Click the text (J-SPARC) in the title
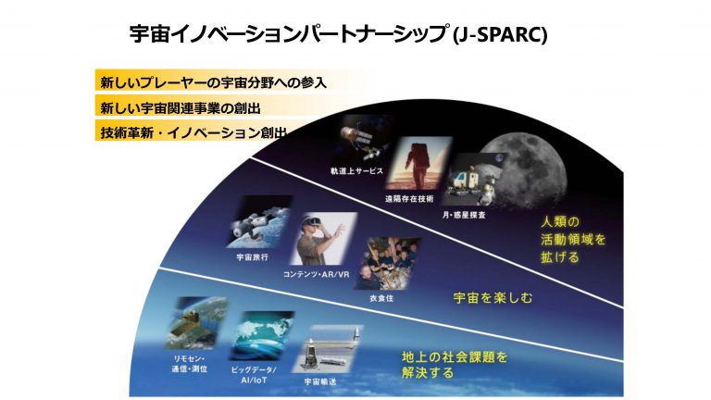coord(500,34)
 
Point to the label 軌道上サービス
coord(356,171)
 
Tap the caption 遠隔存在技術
coord(409,199)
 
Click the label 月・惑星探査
coord(464,215)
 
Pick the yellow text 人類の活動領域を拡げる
coord(573,239)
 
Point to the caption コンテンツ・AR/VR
coord(316,274)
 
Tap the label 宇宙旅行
coord(253,257)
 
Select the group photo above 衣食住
coord(387,264)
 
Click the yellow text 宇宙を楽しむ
coord(493,298)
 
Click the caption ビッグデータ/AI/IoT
coord(254,375)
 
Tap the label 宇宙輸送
coord(320,381)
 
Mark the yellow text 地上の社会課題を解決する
coord(455,365)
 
